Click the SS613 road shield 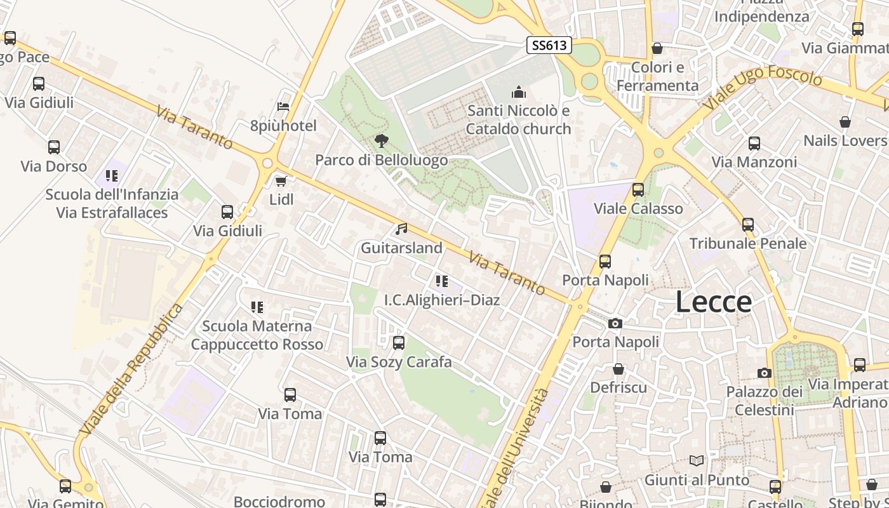pyautogui.click(x=549, y=45)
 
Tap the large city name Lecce pyautogui.click(x=713, y=302)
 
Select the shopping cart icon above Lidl pyautogui.click(x=281, y=181)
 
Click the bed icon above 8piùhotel pyautogui.click(x=283, y=106)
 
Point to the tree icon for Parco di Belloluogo pyautogui.click(x=381, y=141)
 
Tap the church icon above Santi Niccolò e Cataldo pyautogui.click(x=519, y=92)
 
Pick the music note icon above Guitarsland pyautogui.click(x=401, y=229)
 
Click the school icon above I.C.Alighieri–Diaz pyautogui.click(x=442, y=281)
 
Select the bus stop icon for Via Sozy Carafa pyautogui.click(x=399, y=343)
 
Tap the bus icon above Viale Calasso pyautogui.click(x=638, y=189)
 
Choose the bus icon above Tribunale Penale pyautogui.click(x=748, y=224)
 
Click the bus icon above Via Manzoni pyautogui.click(x=754, y=143)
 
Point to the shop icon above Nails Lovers pyautogui.click(x=845, y=121)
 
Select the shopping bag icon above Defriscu pyautogui.click(x=618, y=369)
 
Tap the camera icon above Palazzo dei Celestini pyautogui.click(x=765, y=373)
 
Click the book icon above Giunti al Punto pyautogui.click(x=697, y=460)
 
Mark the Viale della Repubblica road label pyautogui.click(x=132, y=370)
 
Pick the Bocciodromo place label pyautogui.click(x=280, y=502)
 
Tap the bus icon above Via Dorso pyautogui.click(x=54, y=147)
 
